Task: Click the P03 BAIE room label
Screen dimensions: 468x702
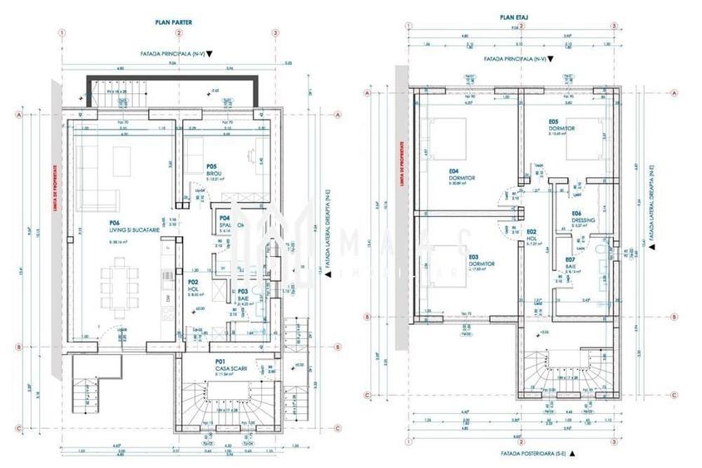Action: pos(243,297)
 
